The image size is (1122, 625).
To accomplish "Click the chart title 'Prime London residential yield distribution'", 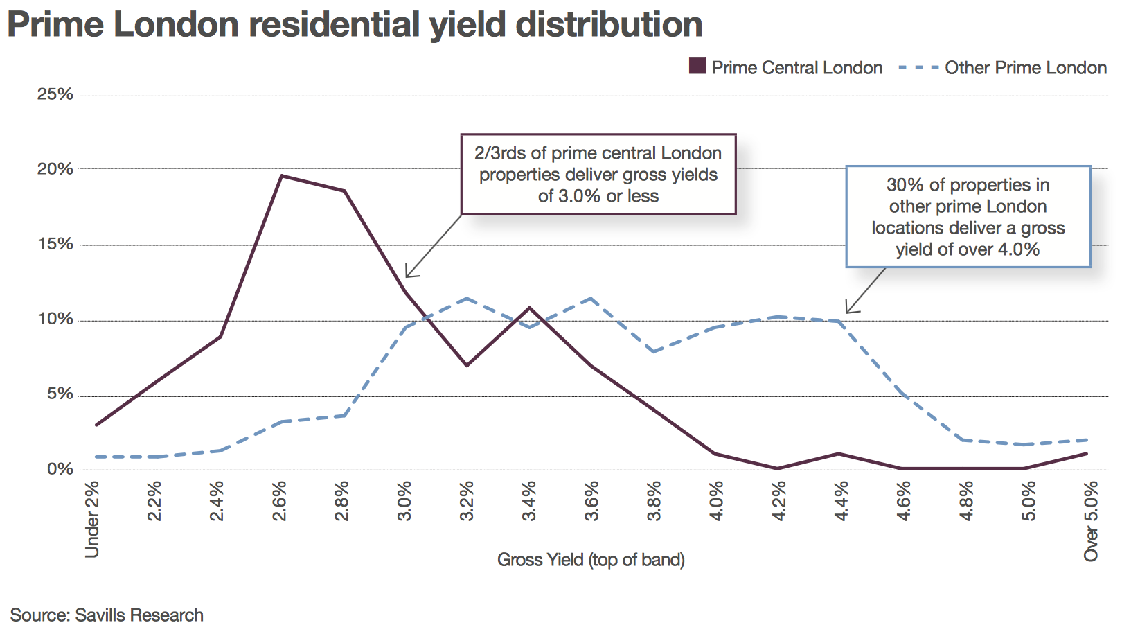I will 355,25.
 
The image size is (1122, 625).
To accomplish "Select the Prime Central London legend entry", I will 786,67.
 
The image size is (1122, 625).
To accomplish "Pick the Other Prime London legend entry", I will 1003,67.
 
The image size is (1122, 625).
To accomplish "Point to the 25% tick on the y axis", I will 55,94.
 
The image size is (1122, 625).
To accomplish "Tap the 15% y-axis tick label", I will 55,244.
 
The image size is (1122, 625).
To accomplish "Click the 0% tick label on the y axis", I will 60,469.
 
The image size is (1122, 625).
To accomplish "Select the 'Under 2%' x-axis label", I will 92,518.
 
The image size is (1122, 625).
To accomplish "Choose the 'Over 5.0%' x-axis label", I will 1092,521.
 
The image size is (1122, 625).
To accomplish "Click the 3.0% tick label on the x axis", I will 404,501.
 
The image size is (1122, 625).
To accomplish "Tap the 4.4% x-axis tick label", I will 841,501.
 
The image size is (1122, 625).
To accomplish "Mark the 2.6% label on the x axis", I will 280,501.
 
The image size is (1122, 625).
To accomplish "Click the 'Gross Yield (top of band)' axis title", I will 591,560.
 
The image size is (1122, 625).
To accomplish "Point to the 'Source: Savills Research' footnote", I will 107,615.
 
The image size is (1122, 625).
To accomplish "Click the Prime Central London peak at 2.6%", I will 281,176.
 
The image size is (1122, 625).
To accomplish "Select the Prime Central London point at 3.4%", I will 530,308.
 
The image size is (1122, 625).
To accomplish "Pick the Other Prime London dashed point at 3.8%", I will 653,352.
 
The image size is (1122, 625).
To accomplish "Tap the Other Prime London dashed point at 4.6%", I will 902,394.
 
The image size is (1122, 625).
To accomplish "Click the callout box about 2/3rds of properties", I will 598,174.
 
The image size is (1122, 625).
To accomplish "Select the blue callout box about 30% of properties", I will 968,216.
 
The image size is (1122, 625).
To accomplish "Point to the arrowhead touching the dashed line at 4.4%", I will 847,312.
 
